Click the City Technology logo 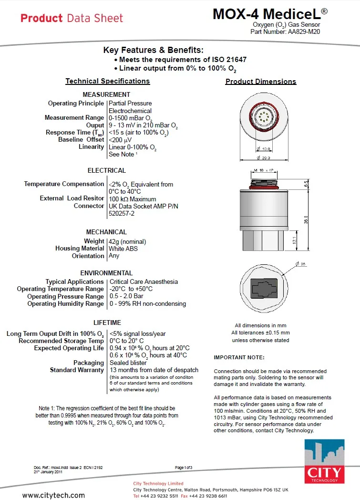(324, 461)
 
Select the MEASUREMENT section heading (106, 94)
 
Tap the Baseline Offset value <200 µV (120, 140)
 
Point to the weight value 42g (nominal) (127, 241)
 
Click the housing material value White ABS (123, 249)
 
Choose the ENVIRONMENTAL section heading (106, 273)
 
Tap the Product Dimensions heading (261, 82)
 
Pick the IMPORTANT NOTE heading (239, 357)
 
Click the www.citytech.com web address (53, 495)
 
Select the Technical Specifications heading (108, 81)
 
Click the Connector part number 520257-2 (122, 213)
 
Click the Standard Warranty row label (77, 370)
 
